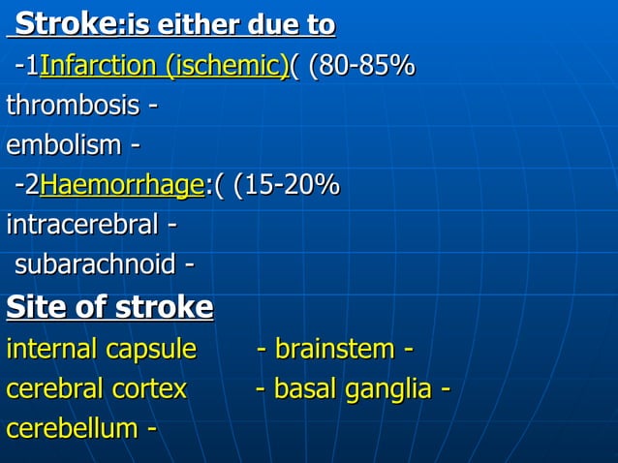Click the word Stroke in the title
[x=66, y=23]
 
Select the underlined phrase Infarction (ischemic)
[x=164, y=66]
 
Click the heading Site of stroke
[x=109, y=307]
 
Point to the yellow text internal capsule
[x=101, y=349]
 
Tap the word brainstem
[x=335, y=349]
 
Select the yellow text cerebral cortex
[x=96, y=388]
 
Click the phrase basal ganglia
[x=353, y=388]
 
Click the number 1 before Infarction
[x=33, y=66]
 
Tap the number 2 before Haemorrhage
[x=33, y=184]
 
